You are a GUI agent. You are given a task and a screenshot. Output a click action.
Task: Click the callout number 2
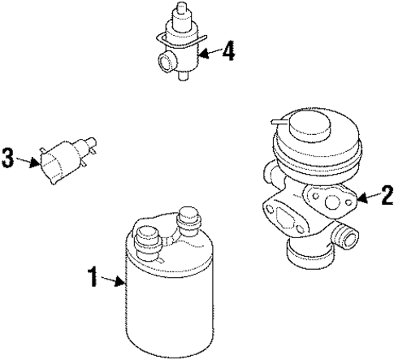[387, 194]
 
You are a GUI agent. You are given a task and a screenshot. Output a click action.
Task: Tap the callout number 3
[8, 158]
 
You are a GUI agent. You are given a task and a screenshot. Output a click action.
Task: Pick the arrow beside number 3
[28, 159]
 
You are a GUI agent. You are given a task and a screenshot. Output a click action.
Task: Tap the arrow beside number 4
[210, 54]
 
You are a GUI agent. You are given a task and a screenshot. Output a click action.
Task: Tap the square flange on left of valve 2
[281, 217]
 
